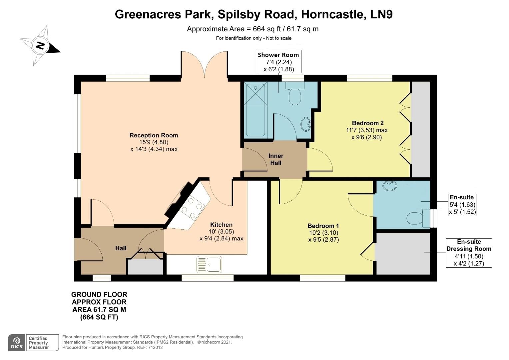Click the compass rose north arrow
click(x=40, y=45)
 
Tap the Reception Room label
click(x=154, y=135)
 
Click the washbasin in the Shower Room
click(x=306, y=124)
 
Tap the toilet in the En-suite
click(x=416, y=218)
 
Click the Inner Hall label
click(x=276, y=159)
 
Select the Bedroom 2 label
click(x=365, y=123)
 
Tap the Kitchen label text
click(x=221, y=225)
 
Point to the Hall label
click(x=121, y=248)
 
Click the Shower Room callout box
click(x=278, y=62)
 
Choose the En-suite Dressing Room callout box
click(x=469, y=253)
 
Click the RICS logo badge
click(x=17, y=342)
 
